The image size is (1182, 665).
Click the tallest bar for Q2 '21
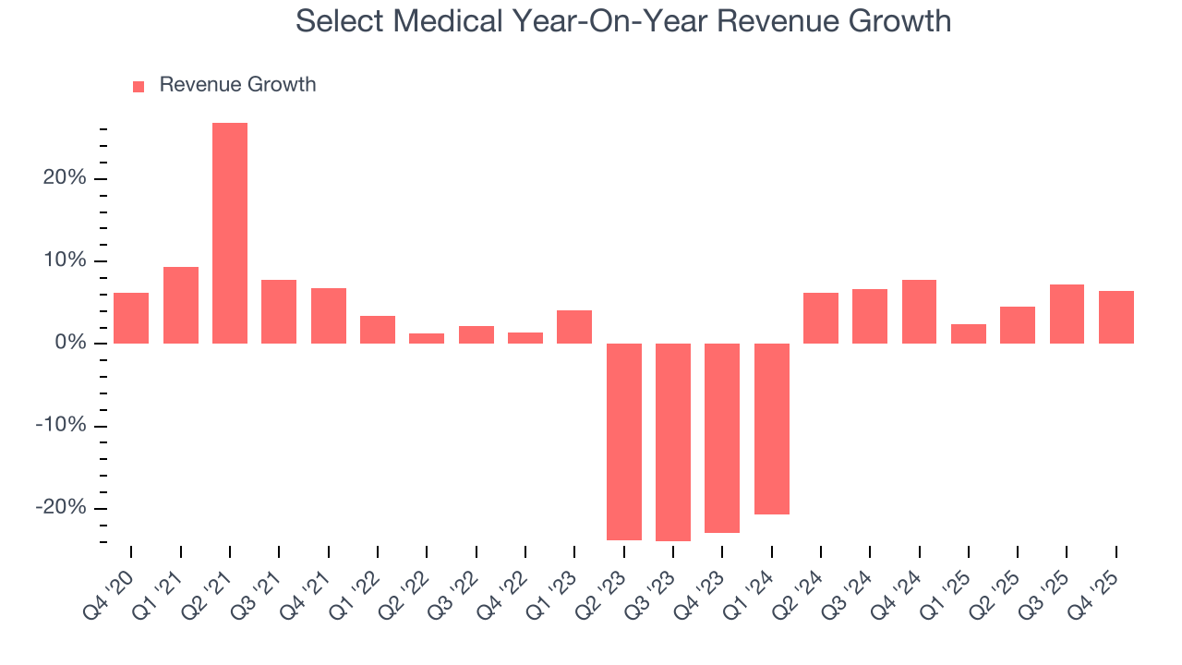point(230,233)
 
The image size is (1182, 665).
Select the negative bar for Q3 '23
point(673,441)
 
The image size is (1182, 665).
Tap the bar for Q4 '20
point(131,318)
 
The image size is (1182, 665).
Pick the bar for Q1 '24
point(772,429)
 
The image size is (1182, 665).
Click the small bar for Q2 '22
point(427,338)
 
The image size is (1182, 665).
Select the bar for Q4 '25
point(1116,317)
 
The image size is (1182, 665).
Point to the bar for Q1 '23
point(574,327)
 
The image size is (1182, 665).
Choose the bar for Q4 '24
point(920,311)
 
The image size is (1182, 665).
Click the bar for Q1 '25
point(969,333)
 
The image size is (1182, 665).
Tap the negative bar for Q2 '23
point(624,441)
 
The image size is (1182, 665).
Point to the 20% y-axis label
point(65,178)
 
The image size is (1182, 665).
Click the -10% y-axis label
point(61,426)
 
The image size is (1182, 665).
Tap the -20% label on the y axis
point(61,508)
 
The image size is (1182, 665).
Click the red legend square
point(139,86)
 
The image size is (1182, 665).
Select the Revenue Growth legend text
point(237,85)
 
